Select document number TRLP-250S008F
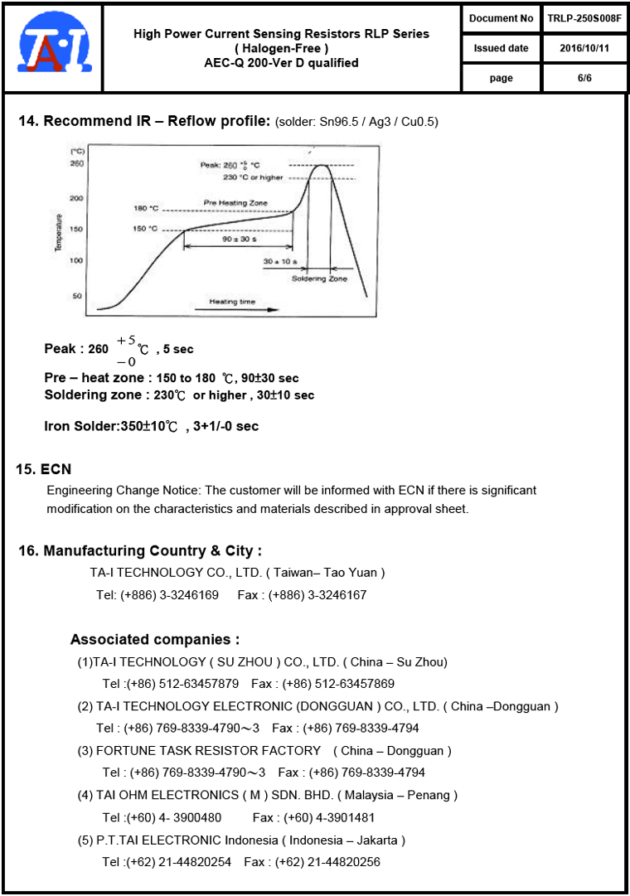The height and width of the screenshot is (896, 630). click(x=584, y=18)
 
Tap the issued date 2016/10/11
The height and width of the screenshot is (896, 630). click(x=584, y=48)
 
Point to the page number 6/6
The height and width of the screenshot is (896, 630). click(x=584, y=78)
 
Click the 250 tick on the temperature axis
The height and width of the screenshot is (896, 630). click(x=76, y=164)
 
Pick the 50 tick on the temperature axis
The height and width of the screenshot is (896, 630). click(x=77, y=295)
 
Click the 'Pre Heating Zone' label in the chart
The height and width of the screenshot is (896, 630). click(x=235, y=203)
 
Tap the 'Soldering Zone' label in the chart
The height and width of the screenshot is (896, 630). click(x=319, y=278)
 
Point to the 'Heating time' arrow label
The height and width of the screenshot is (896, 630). click(x=232, y=302)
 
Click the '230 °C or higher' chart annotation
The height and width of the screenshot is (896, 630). click(x=253, y=177)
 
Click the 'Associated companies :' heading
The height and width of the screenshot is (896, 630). click(x=155, y=639)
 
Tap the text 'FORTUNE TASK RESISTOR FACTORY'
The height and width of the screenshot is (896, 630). click(x=208, y=750)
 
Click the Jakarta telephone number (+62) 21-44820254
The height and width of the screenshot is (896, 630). click(x=178, y=862)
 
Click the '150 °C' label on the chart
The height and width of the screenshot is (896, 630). click(x=145, y=229)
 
